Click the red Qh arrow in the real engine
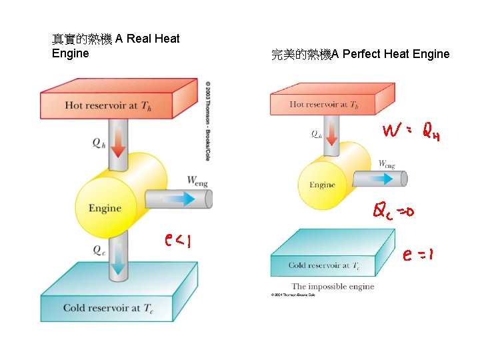coord(118,141)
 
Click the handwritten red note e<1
coord(178,239)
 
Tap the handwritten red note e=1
coord(419,255)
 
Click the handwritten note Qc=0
coord(393,212)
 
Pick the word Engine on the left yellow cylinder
coord(105,208)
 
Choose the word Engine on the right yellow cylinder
coord(322,185)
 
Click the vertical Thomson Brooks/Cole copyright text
coord(207,121)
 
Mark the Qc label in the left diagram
coord(98,250)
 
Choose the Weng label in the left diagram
coord(198,180)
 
